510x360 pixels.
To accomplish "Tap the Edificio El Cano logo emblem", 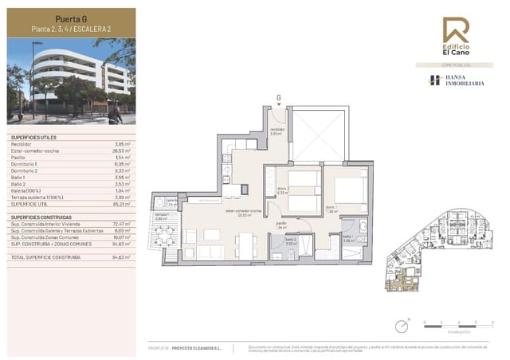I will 456,29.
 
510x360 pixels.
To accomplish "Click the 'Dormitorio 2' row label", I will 27,170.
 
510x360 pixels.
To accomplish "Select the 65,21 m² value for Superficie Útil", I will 120,203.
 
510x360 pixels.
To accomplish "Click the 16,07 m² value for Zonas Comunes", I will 120,237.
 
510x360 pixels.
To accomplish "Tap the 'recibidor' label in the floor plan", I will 277,130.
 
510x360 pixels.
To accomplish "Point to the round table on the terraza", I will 163,236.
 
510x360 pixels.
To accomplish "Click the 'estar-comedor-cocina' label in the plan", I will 240,212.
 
